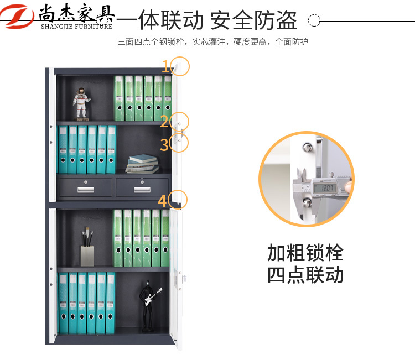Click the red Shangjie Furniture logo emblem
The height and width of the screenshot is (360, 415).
[x=17, y=16]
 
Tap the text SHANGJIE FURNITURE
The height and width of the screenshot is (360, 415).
[x=77, y=27]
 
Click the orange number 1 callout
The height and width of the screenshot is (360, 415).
[x=165, y=66]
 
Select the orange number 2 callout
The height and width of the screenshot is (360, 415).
[x=164, y=122]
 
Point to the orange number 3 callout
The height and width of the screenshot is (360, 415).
[x=164, y=145]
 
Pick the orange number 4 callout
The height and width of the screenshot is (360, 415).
[x=162, y=201]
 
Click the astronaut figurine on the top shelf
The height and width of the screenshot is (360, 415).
[x=81, y=104]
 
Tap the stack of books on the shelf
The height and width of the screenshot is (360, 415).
[x=142, y=164]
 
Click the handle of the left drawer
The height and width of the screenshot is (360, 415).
[x=85, y=190]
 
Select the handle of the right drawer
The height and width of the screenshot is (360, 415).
[x=142, y=190]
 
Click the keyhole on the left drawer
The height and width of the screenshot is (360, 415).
[x=85, y=182]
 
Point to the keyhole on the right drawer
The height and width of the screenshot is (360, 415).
[x=142, y=182]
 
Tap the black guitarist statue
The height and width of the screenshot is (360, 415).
[x=149, y=306]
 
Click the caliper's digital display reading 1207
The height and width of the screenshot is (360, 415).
[x=325, y=188]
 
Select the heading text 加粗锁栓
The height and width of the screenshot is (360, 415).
[x=305, y=253]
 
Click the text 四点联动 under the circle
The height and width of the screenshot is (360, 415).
[x=305, y=275]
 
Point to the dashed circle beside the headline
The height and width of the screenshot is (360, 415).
[x=314, y=20]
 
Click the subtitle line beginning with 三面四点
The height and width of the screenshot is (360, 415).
[x=213, y=42]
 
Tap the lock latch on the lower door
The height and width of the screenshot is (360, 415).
[x=184, y=279]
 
